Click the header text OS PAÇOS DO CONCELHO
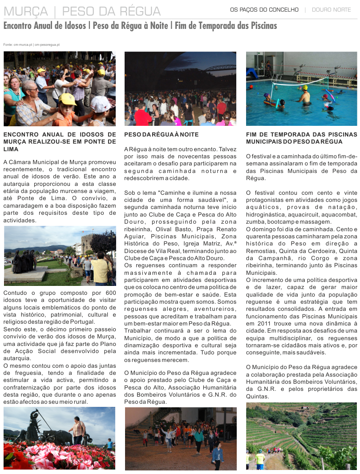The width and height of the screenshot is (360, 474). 264,10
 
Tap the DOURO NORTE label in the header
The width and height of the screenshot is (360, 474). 331,10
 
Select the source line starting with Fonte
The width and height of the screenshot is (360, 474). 31,45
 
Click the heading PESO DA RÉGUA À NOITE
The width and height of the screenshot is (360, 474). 162,134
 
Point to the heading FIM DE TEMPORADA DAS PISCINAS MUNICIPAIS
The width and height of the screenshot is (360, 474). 301,138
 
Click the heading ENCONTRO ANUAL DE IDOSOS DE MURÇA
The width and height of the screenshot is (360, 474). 60,141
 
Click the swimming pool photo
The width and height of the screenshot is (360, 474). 301,88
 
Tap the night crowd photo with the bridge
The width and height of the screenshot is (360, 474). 180,88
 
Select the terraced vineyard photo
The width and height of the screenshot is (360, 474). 301,436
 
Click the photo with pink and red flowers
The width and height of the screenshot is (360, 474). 59,438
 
